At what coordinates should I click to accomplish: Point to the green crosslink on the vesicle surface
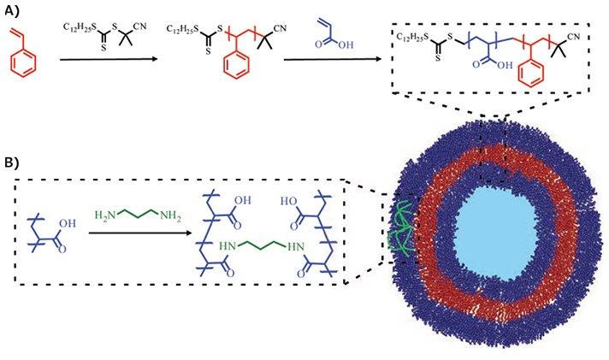click(401, 231)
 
